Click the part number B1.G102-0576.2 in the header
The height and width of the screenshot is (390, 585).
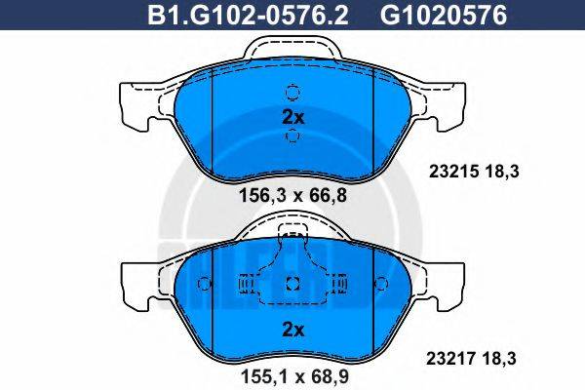(x=227, y=14)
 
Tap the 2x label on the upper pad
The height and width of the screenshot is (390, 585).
(x=293, y=116)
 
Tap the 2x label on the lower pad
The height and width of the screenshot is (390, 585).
(x=293, y=330)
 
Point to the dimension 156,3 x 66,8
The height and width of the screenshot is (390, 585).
(x=293, y=194)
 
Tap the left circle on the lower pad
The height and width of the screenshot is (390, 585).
(x=204, y=284)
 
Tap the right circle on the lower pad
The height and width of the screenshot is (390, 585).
(x=381, y=284)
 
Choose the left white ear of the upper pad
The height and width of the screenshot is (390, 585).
(x=135, y=105)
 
